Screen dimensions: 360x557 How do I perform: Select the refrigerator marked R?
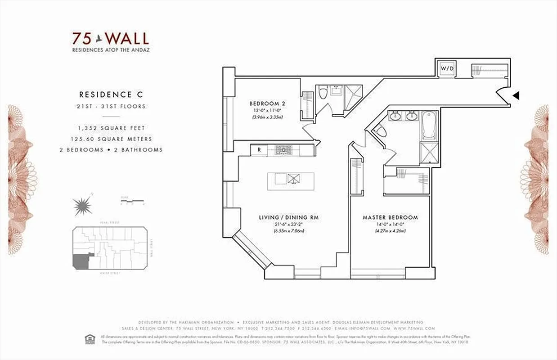tap(259, 150)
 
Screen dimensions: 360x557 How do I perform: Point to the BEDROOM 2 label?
tap(267, 103)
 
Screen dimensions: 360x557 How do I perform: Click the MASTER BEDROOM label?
tap(390, 217)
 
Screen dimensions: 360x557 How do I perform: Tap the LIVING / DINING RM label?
tap(288, 217)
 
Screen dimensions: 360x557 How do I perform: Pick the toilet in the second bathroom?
tap(323, 93)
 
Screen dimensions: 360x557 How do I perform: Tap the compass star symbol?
tap(82, 206)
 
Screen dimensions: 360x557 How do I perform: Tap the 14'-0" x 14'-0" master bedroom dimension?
tap(390, 225)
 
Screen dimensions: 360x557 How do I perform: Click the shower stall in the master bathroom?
tap(428, 152)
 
